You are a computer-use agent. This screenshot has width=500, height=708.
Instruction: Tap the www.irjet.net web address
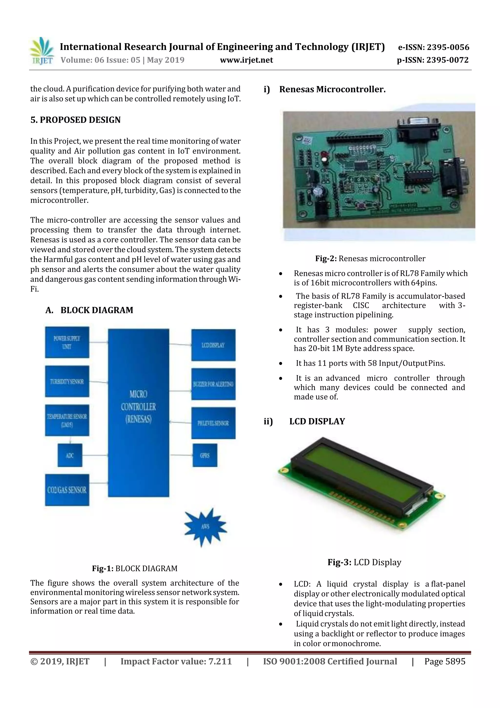tap(246, 60)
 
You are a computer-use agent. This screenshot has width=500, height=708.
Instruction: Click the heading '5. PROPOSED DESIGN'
tap(75, 120)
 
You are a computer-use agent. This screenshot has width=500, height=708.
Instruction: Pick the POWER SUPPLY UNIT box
tap(67, 342)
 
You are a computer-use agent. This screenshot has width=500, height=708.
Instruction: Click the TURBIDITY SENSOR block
tap(67, 381)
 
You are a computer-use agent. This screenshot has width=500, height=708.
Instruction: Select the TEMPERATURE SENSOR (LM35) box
tap(67, 420)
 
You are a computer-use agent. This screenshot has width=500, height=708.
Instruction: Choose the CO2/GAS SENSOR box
tap(67, 490)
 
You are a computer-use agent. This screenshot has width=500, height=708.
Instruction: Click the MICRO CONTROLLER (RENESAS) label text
tap(138, 406)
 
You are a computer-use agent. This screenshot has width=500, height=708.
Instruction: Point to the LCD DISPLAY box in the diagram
tap(213, 345)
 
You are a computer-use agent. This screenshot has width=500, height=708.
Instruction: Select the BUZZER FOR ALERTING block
tap(213, 384)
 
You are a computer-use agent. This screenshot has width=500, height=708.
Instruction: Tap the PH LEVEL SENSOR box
tap(213, 423)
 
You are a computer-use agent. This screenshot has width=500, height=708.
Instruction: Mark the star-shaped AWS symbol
tap(206, 527)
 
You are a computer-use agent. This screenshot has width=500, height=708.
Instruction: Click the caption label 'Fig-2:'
tap(326, 259)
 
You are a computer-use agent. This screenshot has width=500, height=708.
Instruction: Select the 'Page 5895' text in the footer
tap(445, 661)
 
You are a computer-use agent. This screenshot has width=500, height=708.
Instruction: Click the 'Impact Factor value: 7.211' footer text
tap(176, 661)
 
